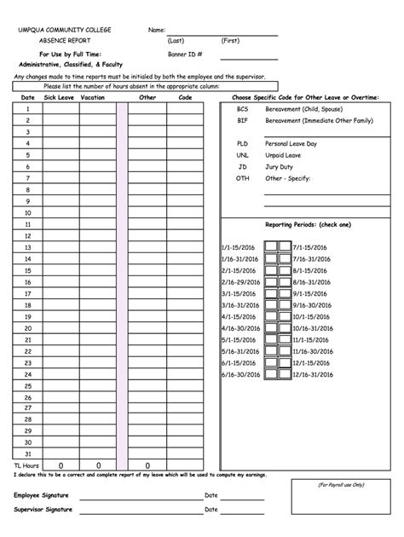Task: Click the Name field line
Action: [222, 32]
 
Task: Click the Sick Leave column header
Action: [59, 98]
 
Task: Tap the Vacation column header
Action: [92, 98]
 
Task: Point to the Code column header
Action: [184, 98]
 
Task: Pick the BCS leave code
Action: [243, 109]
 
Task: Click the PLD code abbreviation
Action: [243, 144]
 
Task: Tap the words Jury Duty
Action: [279, 167]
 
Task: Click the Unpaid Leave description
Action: [283, 156]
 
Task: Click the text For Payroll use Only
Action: [341, 484]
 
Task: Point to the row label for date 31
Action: [27, 453]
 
